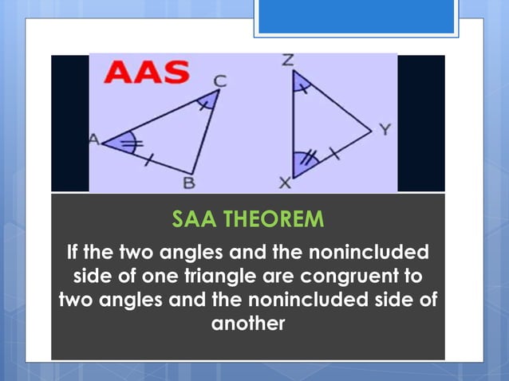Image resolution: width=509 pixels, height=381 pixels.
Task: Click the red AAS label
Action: click(x=149, y=73)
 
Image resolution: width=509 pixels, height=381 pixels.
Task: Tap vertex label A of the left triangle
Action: click(x=93, y=140)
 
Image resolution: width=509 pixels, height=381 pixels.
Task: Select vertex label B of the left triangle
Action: click(x=189, y=183)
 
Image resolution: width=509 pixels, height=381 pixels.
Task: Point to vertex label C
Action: click(x=219, y=80)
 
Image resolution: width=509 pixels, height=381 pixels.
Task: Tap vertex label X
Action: click(x=283, y=183)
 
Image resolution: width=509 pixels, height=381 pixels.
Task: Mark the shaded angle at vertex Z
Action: click(x=299, y=83)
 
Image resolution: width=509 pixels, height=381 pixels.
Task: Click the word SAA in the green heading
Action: click(x=194, y=218)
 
